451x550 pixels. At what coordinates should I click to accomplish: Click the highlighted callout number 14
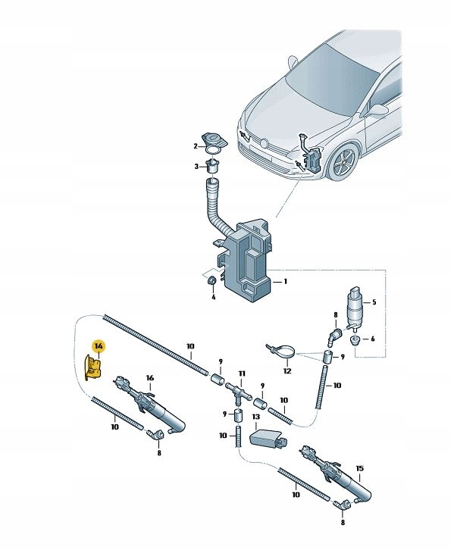(x=99, y=346)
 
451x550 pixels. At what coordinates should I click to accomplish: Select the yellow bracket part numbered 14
(x=92, y=367)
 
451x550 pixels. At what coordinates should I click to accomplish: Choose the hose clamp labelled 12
(x=283, y=352)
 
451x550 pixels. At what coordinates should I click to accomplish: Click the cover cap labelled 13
(x=268, y=439)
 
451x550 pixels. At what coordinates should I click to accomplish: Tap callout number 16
(x=150, y=378)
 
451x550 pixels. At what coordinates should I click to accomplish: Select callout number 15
(x=359, y=468)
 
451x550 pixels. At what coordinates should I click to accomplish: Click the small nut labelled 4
(x=212, y=281)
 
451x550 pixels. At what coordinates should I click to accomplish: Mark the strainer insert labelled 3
(x=212, y=166)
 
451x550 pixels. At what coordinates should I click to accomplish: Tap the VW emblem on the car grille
(x=265, y=143)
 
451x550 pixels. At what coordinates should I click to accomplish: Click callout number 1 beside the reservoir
(x=285, y=281)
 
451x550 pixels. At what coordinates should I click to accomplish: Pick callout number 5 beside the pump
(x=374, y=302)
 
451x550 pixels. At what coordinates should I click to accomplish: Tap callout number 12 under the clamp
(x=287, y=370)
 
